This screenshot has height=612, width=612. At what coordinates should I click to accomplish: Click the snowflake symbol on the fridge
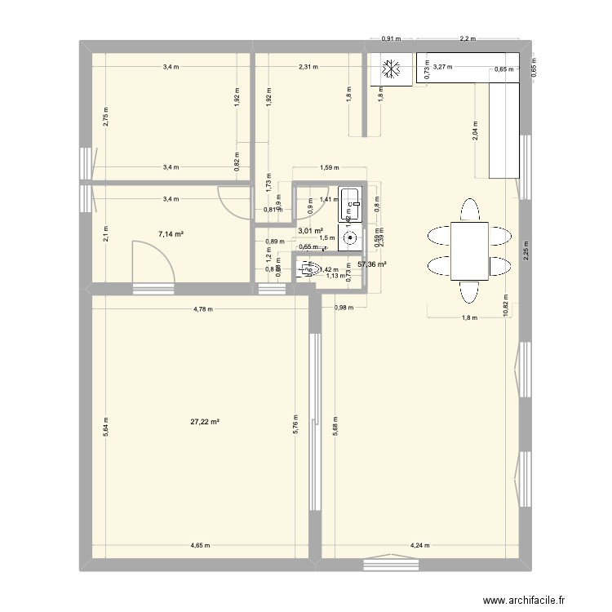click(x=390, y=70)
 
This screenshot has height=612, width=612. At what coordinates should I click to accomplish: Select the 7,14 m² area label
click(x=171, y=234)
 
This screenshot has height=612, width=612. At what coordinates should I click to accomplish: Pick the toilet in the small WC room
click(x=309, y=268)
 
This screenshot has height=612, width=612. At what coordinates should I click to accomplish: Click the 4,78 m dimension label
click(x=203, y=309)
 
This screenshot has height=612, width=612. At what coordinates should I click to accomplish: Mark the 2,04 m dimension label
click(x=476, y=131)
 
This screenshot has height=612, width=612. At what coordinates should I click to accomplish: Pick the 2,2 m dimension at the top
click(x=468, y=38)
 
